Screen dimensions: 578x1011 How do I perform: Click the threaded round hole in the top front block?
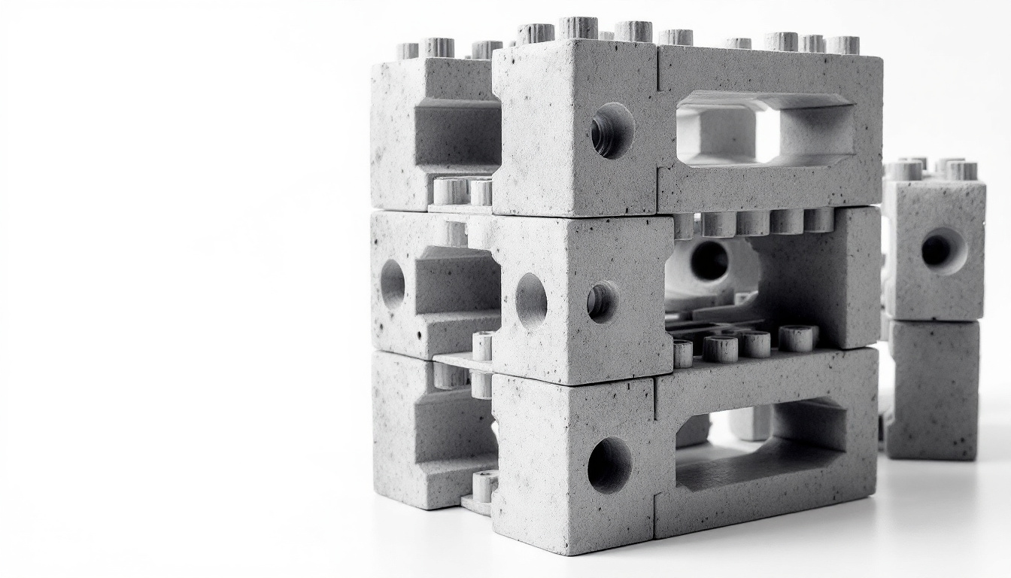(612, 130)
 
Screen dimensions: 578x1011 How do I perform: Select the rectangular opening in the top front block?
(764, 128)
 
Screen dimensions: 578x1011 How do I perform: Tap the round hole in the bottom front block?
(609, 464)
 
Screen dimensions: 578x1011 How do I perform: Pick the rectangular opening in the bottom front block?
(760, 445)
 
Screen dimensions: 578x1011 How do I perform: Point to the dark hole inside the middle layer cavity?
(709, 260)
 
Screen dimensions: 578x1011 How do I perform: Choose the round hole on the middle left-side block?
(392, 284)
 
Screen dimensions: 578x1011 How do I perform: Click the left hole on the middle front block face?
(531, 300)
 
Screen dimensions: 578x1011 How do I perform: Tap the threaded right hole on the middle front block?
(603, 302)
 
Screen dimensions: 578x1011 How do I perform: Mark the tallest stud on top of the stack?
(578, 28)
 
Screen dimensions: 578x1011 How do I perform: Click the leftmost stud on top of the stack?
(407, 50)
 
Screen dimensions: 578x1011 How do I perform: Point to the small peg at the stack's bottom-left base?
(484, 485)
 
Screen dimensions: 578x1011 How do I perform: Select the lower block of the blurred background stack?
(933, 389)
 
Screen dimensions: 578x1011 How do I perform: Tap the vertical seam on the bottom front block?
(655, 459)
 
